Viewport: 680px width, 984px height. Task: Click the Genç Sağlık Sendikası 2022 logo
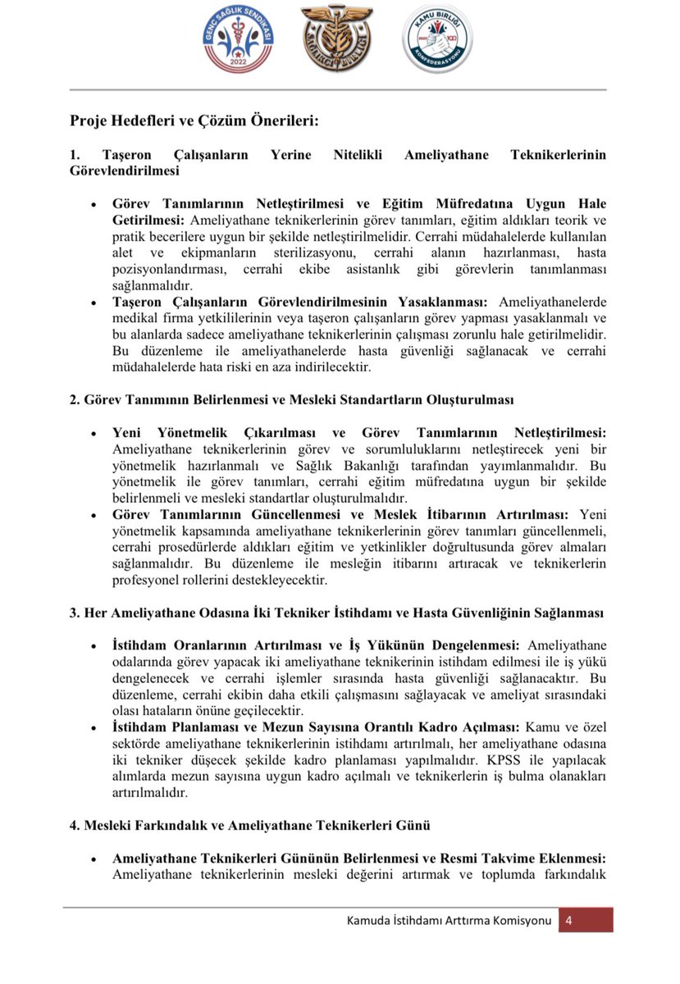tap(238, 39)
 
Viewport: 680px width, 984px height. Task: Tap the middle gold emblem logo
tap(337, 39)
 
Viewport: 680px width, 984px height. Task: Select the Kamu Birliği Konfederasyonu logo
tap(437, 39)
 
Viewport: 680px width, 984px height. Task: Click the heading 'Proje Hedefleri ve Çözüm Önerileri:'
tap(194, 121)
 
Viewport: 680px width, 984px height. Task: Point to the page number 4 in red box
tap(568, 920)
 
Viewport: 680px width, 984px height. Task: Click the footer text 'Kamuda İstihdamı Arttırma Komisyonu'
tap(449, 920)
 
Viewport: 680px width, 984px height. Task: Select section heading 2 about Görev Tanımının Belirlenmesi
tap(291, 399)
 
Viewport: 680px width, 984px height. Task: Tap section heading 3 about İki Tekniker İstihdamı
tap(337, 613)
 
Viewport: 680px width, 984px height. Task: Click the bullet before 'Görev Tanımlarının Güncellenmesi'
tap(94, 515)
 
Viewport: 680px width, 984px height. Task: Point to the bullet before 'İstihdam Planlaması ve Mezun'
tap(94, 728)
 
